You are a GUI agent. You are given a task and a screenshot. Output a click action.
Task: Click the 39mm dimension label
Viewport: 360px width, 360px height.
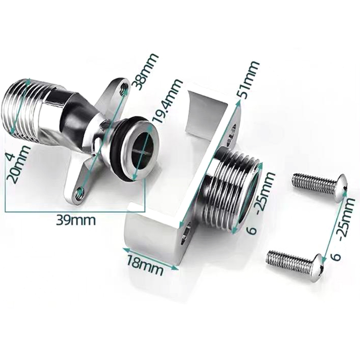[76, 220]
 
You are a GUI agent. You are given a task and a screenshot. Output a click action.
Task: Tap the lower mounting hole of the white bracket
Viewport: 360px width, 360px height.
[185, 234]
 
